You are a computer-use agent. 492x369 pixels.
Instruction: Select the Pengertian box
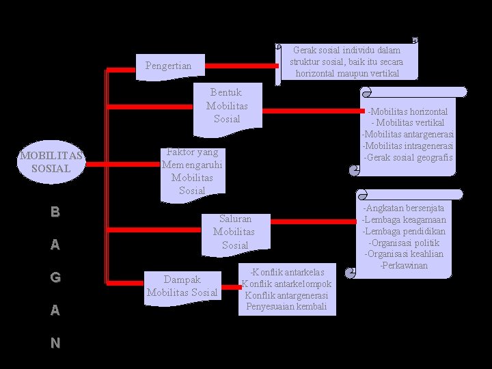coord(169,66)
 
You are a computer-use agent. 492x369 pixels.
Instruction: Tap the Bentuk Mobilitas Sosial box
coord(227,106)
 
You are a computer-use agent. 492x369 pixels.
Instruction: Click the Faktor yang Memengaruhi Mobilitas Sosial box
coord(192,172)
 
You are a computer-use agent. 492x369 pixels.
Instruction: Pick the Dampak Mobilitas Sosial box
coord(182,286)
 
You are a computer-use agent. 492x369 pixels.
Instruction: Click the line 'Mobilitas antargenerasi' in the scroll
coord(408,134)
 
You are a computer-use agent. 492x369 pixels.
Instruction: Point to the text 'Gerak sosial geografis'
coord(408,157)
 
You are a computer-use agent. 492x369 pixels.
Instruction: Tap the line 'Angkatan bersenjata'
coord(404,208)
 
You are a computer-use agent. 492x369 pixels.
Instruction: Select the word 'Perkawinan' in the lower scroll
coord(404,264)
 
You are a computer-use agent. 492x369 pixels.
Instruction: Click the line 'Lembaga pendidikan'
coord(404,231)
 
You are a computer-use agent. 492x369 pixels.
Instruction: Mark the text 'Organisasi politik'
coord(404,243)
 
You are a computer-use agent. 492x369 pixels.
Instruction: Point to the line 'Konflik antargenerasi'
coord(286,296)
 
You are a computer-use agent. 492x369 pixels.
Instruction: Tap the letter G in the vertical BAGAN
coord(55,277)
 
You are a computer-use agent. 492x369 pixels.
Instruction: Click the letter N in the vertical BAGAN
coord(55,343)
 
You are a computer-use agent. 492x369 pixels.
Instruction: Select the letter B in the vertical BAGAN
coord(55,212)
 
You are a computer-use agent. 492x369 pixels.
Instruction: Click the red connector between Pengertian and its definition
coord(242,66)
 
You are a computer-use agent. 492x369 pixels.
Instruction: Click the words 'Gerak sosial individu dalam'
coord(346,50)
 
